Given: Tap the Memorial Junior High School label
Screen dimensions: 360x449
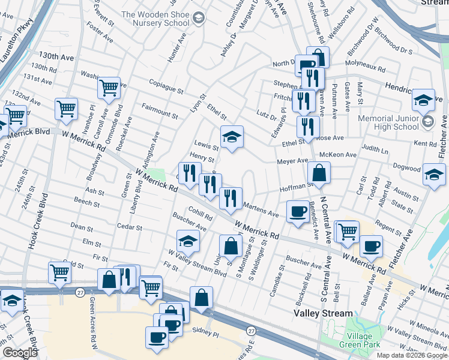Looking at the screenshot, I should pyautogui.click(x=397, y=122).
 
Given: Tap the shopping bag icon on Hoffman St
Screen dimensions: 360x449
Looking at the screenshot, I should pyautogui.click(x=319, y=174).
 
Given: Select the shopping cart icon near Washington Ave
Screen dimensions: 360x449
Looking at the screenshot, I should pyautogui.click(x=109, y=88).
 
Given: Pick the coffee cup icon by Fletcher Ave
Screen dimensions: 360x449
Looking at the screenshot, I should pyautogui.click(x=371, y=246).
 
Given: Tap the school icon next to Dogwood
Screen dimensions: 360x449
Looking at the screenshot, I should pyautogui.click(x=433, y=175).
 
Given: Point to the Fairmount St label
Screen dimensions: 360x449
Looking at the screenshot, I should pyautogui.click(x=160, y=110).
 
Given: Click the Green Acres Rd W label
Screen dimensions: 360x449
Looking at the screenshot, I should pyautogui.click(x=94, y=324).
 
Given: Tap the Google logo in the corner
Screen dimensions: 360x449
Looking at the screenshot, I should pyautogui.click(x=19, y=353).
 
